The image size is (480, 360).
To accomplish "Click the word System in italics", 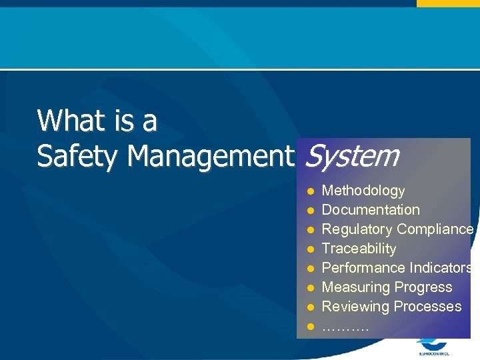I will click(351, 156).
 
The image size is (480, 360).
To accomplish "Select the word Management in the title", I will click(211, 156).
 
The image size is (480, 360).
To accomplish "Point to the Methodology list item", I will click(363, 191).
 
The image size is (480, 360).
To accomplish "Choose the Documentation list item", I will click(371, 210).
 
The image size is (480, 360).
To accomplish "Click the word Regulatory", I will click(357, 229).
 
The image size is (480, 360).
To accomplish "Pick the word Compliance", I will click(435, 229).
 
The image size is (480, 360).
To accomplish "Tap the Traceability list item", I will click(359, 249).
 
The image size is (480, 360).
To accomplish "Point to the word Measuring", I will click(353, 287).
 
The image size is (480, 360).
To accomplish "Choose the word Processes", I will click(427, 307).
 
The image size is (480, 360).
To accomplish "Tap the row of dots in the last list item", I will click(345, 327).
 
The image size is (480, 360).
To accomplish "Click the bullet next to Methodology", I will click(310, 191).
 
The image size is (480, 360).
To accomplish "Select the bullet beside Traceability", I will click(310, 249).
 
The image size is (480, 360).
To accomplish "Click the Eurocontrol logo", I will click(433, 347).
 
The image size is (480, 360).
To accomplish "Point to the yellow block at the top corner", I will click(448, 3).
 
